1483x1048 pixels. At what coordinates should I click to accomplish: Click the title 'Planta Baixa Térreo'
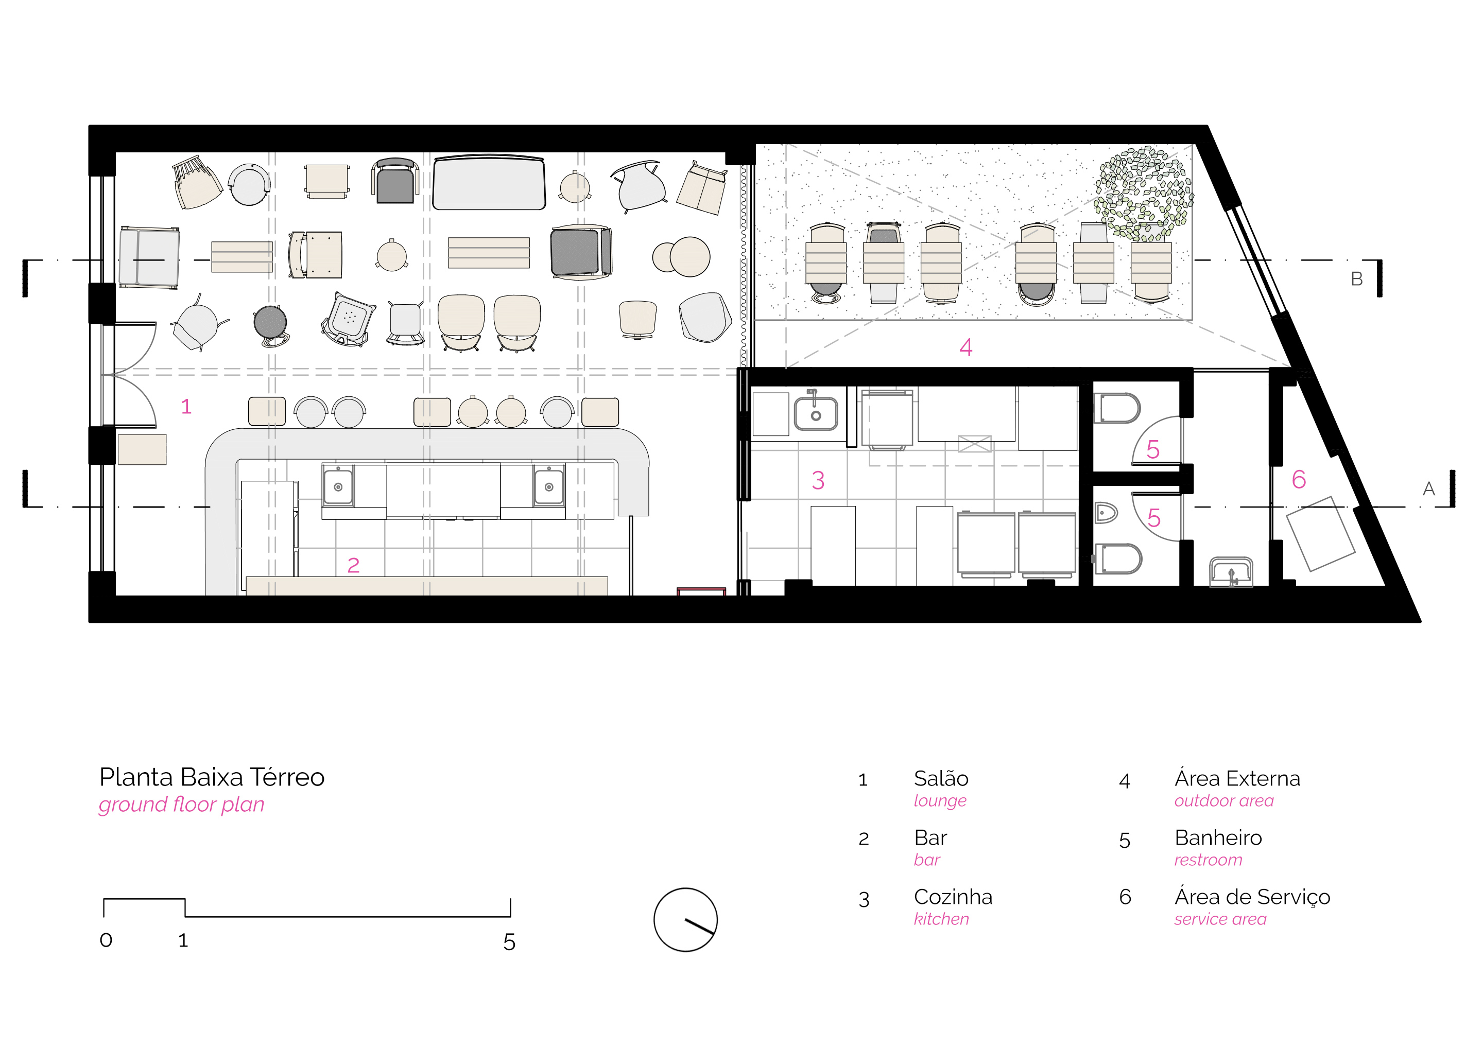coord(212,777)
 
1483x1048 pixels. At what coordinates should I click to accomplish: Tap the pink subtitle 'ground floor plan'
coord(181,805)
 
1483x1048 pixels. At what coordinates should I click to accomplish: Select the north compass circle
coord(685,919)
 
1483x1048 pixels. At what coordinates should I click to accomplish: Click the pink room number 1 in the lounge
coord(186,406)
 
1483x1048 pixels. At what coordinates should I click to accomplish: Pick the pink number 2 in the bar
coord(353,566)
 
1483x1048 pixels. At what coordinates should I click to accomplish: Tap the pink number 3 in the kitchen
coord(818,480)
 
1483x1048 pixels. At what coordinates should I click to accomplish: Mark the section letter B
coord(1356,279)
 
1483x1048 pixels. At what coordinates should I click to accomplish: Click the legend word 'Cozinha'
coord(953,897)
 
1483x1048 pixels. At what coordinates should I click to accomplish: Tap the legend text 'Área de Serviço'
coord(1252,897)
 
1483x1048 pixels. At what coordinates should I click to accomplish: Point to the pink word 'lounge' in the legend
coord(940,801)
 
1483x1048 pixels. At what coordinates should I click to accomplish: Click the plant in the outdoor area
coord(1143,194)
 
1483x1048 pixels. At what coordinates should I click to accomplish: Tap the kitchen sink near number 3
coord(815,413)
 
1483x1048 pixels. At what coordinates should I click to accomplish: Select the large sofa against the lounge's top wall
coord(489,183)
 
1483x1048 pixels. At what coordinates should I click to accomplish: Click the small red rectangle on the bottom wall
coord(701,591)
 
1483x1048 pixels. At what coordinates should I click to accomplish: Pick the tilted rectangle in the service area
coord(1321,534)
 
